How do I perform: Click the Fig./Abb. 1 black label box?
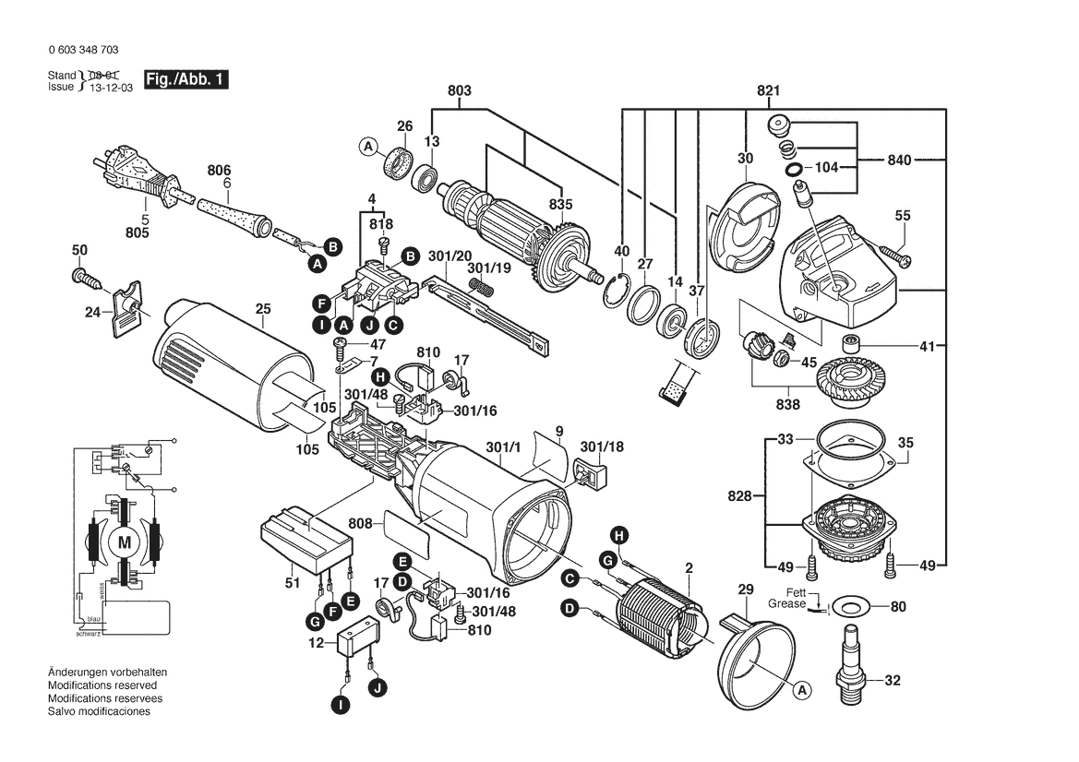pyautogui.click(x=185, y=80)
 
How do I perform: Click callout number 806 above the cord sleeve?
pyautogui.click(x=219, y=171)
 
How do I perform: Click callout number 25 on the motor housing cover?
pyautogui.click(x=263, y=309)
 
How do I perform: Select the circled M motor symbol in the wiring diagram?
pyautogui.click(x=123, y=542)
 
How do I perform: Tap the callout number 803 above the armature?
pyautogui.click(x=460, y=90)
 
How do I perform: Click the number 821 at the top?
pyautogui.click(x=769, y=90)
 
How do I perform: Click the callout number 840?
pyautogui.click(x=899, y=161)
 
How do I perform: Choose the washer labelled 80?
pyautogui.click(x=849, y=607)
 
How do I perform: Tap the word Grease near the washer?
pyautogui.click(x=786, y=604)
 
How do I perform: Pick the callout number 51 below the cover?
pyautogui.click(x=293, y=583)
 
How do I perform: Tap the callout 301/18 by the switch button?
pyautogui.click(x=602, y=447)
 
